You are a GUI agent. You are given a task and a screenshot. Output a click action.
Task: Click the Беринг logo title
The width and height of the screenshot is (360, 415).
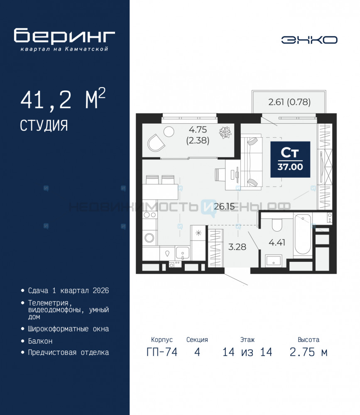click(64, 36)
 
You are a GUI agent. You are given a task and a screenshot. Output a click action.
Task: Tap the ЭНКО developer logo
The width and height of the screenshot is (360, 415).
click(309, 40)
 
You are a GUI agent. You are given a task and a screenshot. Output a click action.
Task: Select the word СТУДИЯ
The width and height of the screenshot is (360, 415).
click(44, 125)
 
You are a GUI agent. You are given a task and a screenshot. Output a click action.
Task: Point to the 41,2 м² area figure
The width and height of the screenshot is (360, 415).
click(63, 99)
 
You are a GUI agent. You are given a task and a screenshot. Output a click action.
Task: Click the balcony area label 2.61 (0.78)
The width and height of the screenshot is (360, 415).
click(289, 102)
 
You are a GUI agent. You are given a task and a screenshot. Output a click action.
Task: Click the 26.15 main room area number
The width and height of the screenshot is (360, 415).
click(224, 206)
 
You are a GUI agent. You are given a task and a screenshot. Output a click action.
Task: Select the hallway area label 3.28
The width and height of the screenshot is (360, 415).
click(237, 247)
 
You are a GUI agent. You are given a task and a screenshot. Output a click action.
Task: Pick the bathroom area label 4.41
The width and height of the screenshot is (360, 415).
click(277, 242)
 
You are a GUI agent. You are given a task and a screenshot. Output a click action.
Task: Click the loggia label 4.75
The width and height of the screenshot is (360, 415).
click(198, 129)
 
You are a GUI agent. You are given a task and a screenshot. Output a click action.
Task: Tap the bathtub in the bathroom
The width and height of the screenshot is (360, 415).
click(303, 234)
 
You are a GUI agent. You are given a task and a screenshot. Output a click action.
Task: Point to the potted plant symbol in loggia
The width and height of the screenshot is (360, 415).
click(225, 132)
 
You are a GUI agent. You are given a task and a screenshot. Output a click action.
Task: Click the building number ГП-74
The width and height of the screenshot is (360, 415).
click(162, 352)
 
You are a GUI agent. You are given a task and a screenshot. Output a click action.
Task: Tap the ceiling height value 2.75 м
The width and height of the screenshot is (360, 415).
click(309, 352)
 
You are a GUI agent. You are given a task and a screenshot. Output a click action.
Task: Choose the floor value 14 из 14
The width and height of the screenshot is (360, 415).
click(247, 352)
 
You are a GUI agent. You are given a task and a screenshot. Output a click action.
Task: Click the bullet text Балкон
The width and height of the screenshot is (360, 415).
click(40, 341)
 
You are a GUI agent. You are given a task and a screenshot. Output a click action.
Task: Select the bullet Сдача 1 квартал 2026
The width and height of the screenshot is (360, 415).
click(69, 290)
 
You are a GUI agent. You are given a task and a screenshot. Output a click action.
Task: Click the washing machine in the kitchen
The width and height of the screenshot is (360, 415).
click(149, 238)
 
